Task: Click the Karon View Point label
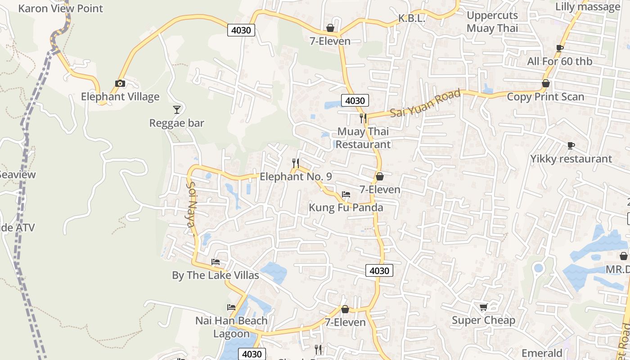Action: pyautogui.click(x=60, y=8)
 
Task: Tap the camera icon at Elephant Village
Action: pyautogui.click(x=120, y=83)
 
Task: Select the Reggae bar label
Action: pyautogui.click(x=176, y=123)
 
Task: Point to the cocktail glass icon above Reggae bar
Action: pyautogui.click(x=177, y=109)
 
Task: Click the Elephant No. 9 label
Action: pyautogui.click(x=296, y=176)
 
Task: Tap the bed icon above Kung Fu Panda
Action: pyautogui.click(x=346, y=194)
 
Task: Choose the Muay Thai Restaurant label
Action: pyautogui.click(x=363, y=138)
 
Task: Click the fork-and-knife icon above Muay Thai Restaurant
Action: pyautogui.click(x=363, y=118)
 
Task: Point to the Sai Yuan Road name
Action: pyautogui.click(x=425, y=103)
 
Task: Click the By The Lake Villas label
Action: pyautogui.click(x=215, y=275)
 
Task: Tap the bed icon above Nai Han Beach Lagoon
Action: pyautogui.click(x=231, y=307)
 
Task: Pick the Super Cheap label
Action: pyautogui.click(x=483, y=320)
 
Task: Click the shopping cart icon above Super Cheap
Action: pyautogui.click(x=483, y=307)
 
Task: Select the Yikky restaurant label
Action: pyautogui.click(x=571, y=158)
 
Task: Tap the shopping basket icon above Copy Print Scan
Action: pyautogui.click(x=545, y=83)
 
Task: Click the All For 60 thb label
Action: pyautogui.click(x=559, y=61)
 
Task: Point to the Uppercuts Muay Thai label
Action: pyautogui.click(x=492, y=22)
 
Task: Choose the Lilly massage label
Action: pyautogui.click(x=588, y=7)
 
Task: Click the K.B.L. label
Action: pyautogui.click(x=412, y=18)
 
